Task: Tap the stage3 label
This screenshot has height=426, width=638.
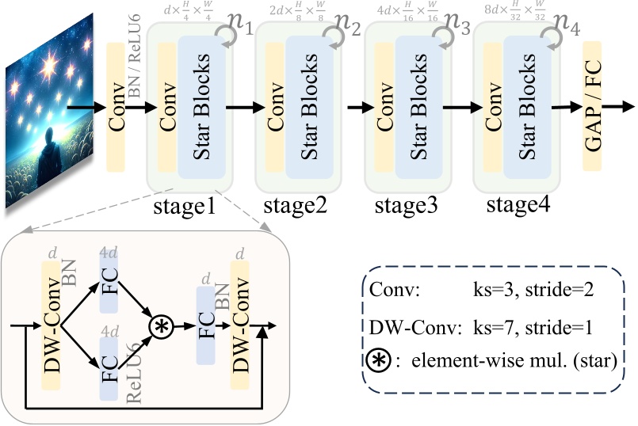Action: (406, 209)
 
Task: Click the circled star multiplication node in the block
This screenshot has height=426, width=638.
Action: (162, 325)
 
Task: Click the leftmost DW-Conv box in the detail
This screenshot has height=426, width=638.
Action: (52, 325)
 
